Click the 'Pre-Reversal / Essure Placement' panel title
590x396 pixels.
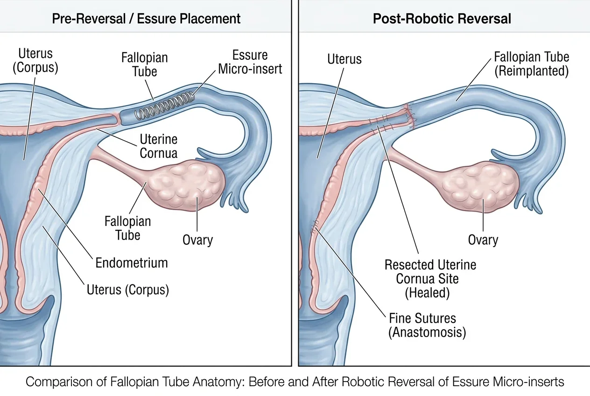point(146,19)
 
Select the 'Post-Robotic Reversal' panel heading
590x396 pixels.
point(442,19)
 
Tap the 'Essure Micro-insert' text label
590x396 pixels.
point(250,62)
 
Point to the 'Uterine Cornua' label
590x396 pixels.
point(159,146)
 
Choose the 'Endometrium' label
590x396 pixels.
point(132,262)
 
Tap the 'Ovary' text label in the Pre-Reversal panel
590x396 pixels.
point(197,240)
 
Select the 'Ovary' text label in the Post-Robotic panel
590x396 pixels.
point(483,240)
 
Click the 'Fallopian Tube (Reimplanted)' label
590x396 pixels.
point(532,64)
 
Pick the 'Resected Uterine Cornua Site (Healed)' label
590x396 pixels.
point(430,279)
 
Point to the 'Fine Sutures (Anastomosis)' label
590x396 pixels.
point(428,325)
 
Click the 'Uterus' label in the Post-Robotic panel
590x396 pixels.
point(344,59)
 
